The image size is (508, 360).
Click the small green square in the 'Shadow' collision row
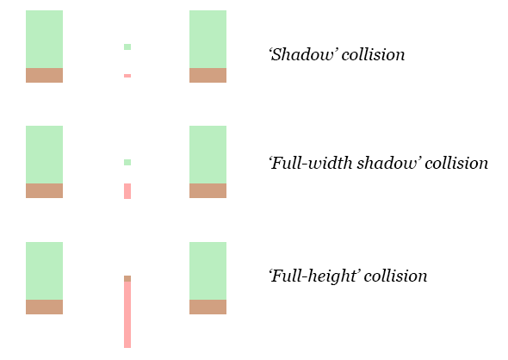127,47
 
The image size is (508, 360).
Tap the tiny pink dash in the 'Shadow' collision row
127,76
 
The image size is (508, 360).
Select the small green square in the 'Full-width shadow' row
127,162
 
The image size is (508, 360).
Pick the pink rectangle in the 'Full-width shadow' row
127,191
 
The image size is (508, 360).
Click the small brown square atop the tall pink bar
127,279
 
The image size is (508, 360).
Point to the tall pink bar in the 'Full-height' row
127,314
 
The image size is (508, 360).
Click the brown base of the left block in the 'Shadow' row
45,75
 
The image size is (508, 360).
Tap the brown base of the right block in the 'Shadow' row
208,75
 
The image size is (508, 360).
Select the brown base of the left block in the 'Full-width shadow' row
45,190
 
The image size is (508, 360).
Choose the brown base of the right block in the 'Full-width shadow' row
208,190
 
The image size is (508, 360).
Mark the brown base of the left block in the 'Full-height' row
45,307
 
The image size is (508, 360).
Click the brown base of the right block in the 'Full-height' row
208,307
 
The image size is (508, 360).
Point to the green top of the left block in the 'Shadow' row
45,40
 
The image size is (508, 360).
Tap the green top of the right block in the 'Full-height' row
208,271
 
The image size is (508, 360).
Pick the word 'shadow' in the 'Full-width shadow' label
389,163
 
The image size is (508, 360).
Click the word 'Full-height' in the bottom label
314,276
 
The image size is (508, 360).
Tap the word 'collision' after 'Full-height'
395,276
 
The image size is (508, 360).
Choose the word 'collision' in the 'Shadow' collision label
373,54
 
